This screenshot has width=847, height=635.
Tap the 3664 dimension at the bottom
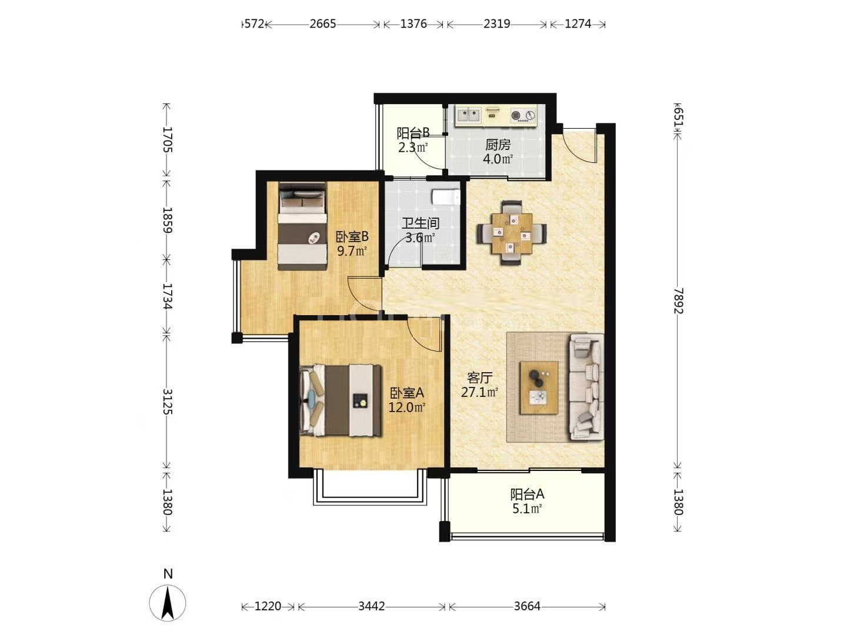(526, 606)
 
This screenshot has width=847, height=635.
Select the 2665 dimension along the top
(322, 24)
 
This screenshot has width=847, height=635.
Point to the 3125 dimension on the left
(167, 401)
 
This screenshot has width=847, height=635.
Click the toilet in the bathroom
(446, 197)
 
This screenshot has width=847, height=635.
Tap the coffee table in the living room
(539, 387)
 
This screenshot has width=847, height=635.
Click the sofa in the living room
(586, 387)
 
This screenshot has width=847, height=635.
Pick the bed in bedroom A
(341, 400)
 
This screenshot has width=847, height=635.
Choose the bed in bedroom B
(302, 226)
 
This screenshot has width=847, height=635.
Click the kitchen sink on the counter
(468, 115)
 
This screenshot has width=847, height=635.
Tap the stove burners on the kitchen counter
(523, 115)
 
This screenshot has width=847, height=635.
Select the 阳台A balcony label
(527, 494)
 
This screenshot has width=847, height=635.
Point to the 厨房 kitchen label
(498, 145)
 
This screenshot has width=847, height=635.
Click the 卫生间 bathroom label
(420, 223)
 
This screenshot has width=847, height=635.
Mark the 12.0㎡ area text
(406, 407)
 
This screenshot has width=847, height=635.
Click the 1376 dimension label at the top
(414, 24)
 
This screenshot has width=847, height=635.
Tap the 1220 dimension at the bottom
(268, 606)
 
